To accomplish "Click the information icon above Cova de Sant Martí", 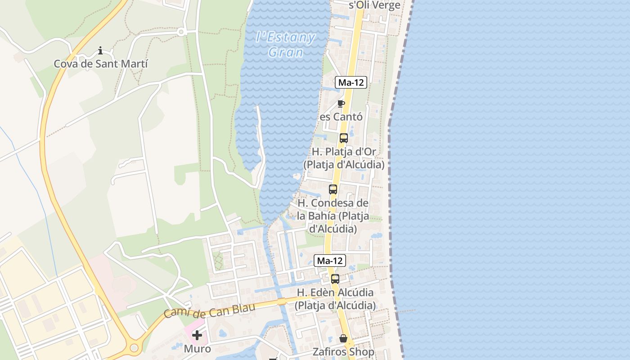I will coord(100,50).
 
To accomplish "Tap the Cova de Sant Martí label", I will coord(101,64).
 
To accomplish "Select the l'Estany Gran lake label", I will coord(286,45).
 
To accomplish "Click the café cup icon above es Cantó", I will coord(341,104).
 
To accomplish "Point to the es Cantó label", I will coord(341,117).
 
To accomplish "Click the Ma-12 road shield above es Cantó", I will coord(351,82).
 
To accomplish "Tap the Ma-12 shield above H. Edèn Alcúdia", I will coord(330,261).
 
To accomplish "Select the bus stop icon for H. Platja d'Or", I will coord(344,138).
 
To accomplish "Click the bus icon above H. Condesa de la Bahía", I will coord(333,189).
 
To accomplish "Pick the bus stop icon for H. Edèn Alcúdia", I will coord(335,279).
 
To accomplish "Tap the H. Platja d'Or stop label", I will coord(344,158).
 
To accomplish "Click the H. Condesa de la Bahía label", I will coord(333,216).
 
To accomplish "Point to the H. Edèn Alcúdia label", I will coord(335,299).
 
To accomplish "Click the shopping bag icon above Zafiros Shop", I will coord(343,338).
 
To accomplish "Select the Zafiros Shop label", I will coord(343,351).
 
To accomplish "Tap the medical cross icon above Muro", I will coord(197,335).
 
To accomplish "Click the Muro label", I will coord(197,349).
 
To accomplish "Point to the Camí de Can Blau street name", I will coord(209,310).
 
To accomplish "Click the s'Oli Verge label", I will coord(375,5).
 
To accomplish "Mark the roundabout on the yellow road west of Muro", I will coord(134,347).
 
